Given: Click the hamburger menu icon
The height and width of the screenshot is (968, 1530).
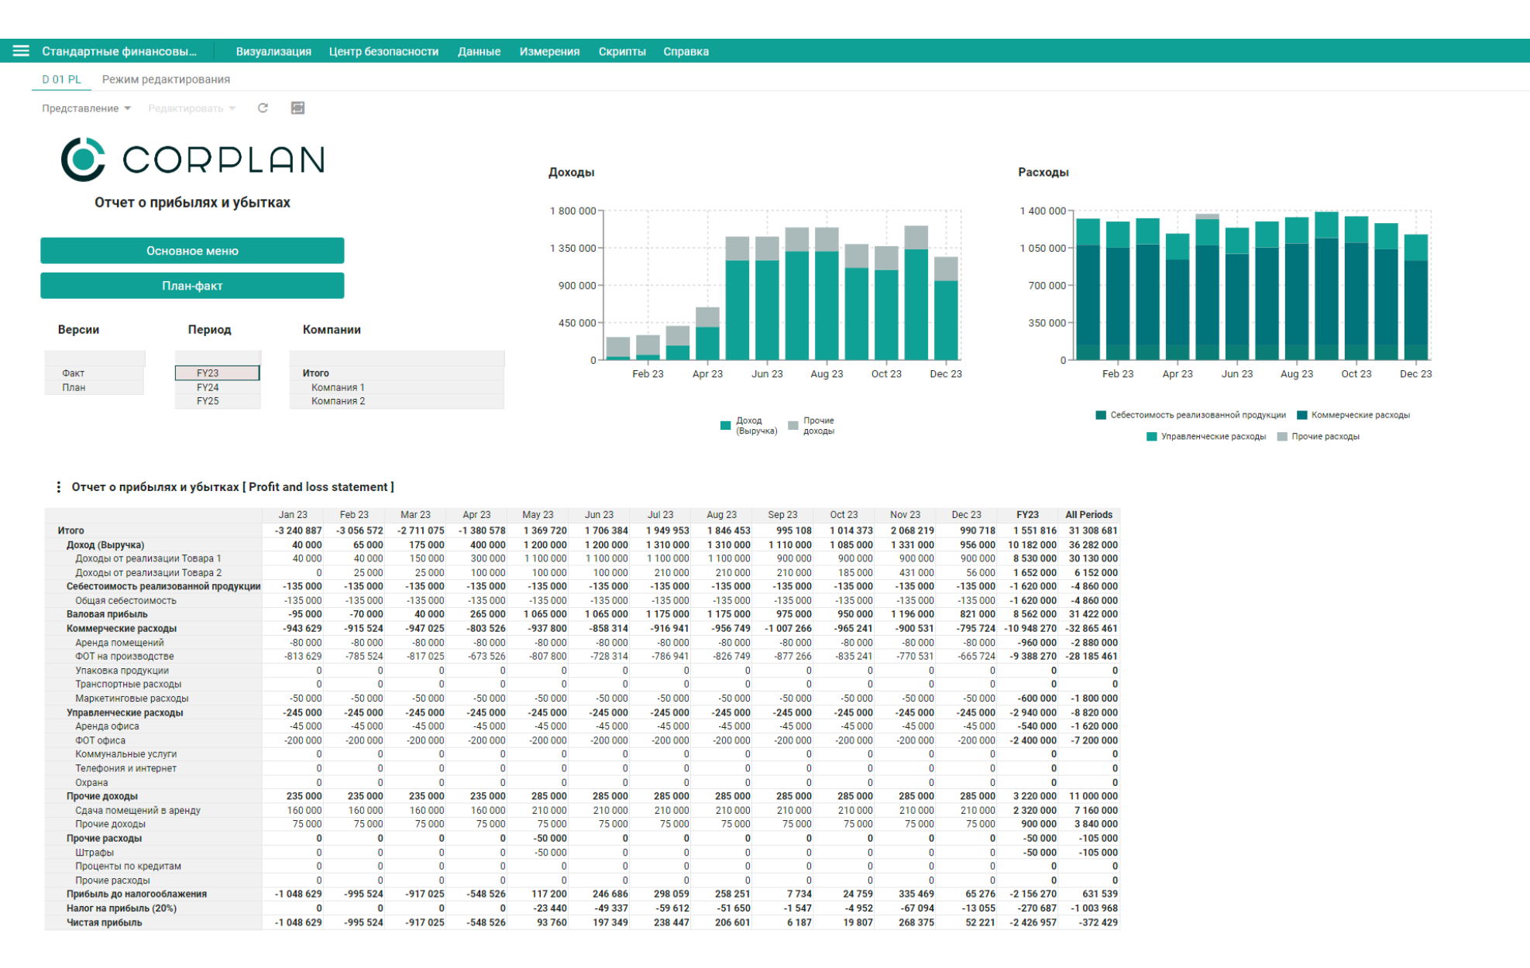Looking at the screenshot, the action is click(21, 51).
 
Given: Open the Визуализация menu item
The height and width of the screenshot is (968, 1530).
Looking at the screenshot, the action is click(273, 52).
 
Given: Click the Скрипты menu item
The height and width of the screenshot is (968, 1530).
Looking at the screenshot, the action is click(622, 52).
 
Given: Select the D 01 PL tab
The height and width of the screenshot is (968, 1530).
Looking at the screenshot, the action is click(61, 79).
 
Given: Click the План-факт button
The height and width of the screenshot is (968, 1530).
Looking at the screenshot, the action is click(192, 286).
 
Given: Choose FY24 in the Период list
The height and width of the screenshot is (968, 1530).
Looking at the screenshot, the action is click(208, 387).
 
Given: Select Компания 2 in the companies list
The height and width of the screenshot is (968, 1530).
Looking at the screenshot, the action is click(338, 401).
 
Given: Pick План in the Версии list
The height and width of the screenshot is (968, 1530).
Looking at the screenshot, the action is click(74, 387).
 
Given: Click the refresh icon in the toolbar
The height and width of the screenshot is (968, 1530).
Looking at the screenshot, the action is click(263, 108).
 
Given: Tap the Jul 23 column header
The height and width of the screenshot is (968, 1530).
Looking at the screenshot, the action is click(660, 515).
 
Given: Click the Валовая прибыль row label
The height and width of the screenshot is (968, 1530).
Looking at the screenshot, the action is click(107, 614).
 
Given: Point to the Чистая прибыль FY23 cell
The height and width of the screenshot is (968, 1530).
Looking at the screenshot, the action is click(1030, 922).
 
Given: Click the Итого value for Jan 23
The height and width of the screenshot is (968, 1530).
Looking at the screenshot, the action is click(298, 530).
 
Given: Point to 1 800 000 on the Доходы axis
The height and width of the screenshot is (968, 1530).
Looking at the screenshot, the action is click(572, 211).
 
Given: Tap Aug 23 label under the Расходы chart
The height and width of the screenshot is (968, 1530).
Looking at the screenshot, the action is click(1296, 374).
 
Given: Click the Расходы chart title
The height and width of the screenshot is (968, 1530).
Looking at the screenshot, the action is click(1043, 172).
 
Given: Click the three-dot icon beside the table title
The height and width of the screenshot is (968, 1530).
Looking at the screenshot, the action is click(58, 487).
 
